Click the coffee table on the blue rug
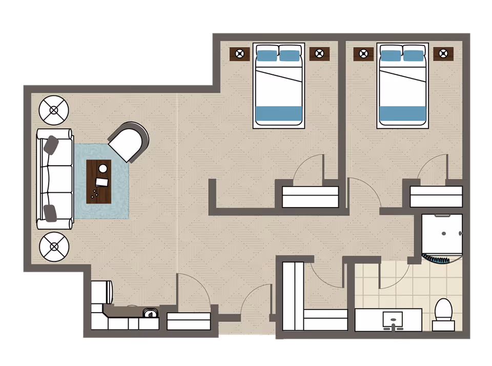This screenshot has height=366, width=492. click(99, 181)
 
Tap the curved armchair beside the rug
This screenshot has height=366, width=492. click(129, 141)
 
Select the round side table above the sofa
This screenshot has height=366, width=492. click(54, 109)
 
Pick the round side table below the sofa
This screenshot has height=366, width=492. click(54, 247)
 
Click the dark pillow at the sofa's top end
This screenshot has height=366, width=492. click(51, 145)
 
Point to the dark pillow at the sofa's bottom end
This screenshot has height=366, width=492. click(51, 212)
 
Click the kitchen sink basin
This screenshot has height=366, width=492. click(150, 313)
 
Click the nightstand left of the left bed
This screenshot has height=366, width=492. click(239, 53)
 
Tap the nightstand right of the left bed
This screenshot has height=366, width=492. click(319, 53)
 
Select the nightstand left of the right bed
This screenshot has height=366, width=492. click(363, 53)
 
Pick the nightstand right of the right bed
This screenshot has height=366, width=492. click(443, 53)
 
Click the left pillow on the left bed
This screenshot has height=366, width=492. click(266, 54)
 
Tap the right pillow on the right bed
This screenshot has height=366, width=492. click(414, 54)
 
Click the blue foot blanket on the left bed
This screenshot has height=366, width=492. click(279, 113)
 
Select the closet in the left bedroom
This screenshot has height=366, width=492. click(311, 197)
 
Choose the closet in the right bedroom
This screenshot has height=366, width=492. click(436, 196)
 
